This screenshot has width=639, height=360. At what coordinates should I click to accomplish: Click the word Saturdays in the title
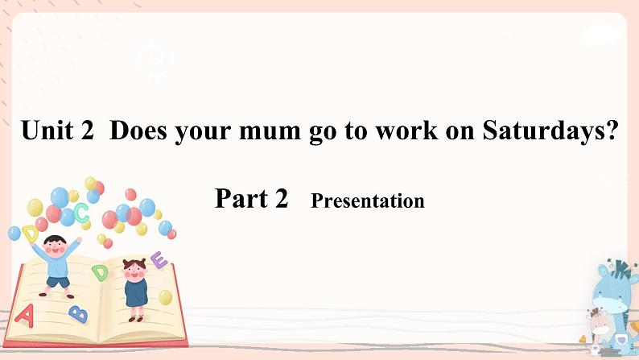541,132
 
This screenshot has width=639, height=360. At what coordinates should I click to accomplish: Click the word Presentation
367,201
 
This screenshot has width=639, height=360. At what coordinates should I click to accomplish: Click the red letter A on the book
24,315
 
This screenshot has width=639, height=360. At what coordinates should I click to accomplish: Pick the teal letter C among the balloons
81,213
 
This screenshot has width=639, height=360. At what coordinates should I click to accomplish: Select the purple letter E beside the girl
159,260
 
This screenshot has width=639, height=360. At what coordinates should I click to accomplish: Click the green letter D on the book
101,272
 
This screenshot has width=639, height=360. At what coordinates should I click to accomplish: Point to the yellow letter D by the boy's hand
31,234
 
